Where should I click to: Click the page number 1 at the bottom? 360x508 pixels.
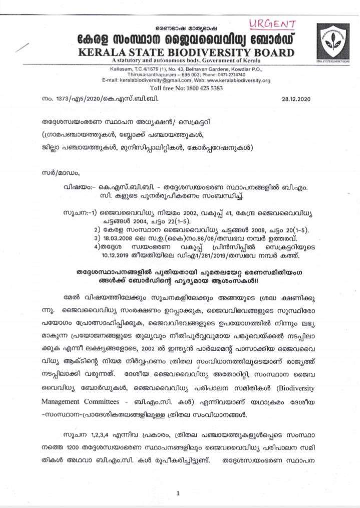(x=178, y=480)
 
